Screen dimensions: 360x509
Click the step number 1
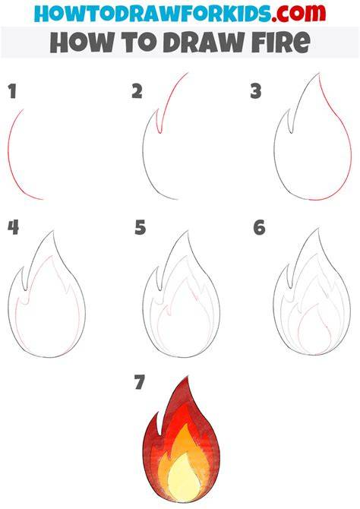12,91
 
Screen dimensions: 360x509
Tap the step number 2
137,91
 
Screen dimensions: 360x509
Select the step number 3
256,91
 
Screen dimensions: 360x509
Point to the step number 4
13,227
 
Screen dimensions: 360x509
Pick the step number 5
141,227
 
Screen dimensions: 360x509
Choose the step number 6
259,227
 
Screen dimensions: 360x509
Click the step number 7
139,382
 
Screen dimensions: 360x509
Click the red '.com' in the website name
298,13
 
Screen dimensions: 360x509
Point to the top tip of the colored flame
188,377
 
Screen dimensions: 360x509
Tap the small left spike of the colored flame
157,422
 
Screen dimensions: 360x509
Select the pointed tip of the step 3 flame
319,74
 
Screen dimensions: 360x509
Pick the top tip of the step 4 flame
53,231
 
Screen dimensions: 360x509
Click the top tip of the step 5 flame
188,231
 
